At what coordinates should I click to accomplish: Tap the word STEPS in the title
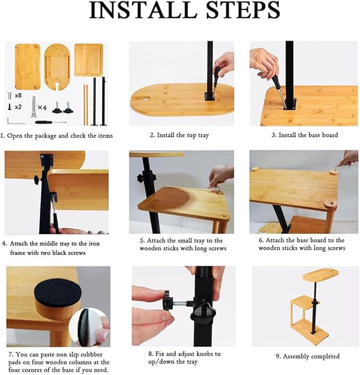coord(243,10)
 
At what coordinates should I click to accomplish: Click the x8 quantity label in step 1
coord(18,95)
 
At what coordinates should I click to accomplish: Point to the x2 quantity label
coord(18,107)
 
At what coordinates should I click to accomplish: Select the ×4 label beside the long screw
coord(42,107)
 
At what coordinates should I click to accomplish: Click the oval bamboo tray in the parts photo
coord(57,67)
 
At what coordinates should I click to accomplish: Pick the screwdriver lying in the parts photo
coord(51,122)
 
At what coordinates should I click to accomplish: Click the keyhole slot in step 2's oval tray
coord(144,98)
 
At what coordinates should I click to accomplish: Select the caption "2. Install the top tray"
coord(179,136)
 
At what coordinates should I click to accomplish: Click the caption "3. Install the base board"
coord(305,135)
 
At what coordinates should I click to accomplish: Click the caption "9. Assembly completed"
coord(308,356)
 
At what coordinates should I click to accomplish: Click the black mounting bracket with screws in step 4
coord(47,158)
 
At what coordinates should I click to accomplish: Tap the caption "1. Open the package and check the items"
coord(56,136)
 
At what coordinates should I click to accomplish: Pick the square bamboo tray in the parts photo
coord(89,60)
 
